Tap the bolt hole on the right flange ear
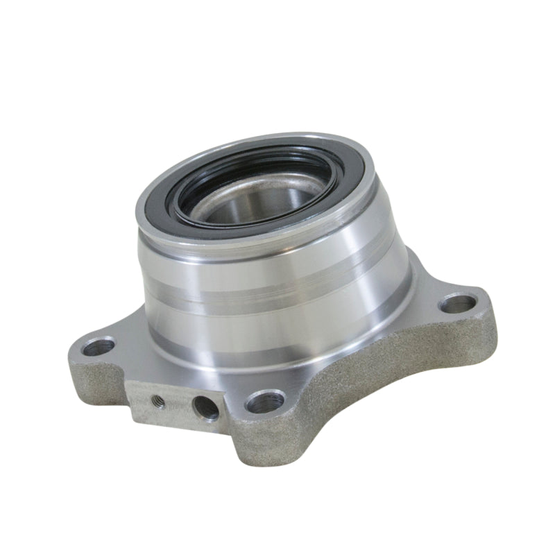coord(458,302)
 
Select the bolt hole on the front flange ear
coord(265,401)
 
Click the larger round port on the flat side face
coord(205,407)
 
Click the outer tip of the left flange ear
coord(69,354)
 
